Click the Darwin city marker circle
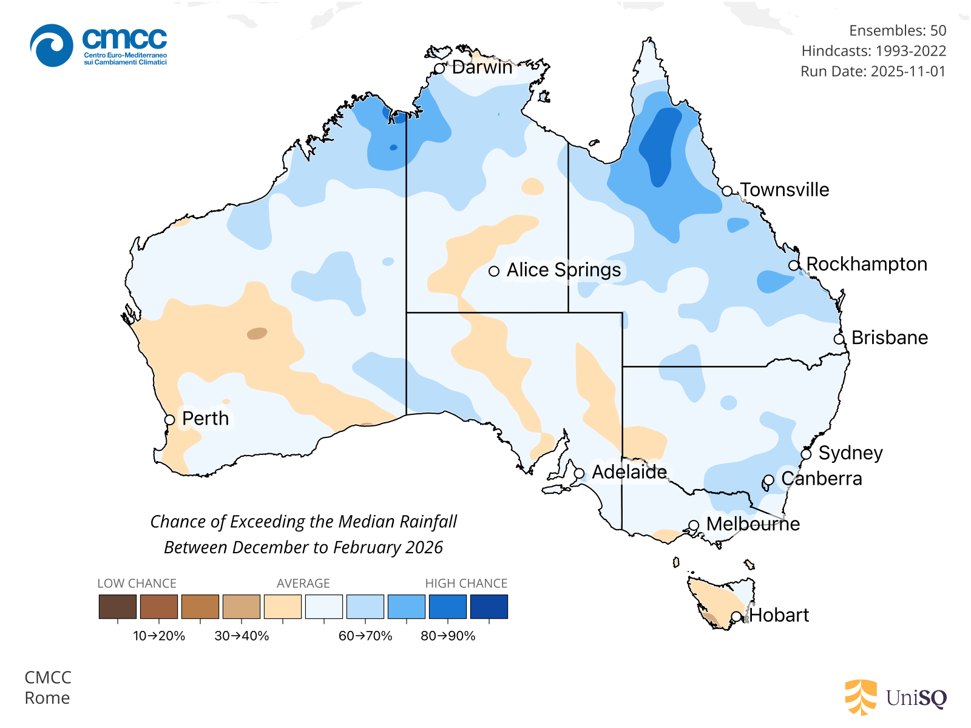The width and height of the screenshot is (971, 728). [x=440, y=69]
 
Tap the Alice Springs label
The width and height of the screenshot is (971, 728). [x=563, y=270]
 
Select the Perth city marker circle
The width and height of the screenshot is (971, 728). [x=170, y=420]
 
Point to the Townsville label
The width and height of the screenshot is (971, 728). [x=784, y=190]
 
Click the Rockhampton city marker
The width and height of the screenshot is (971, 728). [x=794, y=265]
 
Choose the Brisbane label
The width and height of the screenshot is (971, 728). [x=889, y=338]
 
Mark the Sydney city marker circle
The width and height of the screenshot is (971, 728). [x=806, y=454]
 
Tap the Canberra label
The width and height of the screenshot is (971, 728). [x=821, y=479]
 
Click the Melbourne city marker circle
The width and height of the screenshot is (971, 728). [x=694, y=525]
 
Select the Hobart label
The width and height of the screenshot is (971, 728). [x=779, y=615]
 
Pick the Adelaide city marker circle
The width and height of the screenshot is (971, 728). [x=580, y=473]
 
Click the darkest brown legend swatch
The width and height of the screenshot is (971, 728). [x=118, y=607]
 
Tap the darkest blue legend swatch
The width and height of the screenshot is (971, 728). [x=489, y=607]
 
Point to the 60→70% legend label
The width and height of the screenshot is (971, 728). [x=365, y=636]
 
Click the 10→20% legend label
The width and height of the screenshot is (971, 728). [x=159, y=636]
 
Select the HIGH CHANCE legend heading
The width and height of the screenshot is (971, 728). [x=466, y=584]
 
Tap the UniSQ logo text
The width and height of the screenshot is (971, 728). [x=916, y=698]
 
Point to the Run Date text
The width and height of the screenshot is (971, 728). [x=873, y=72]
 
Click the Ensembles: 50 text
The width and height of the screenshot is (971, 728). [x=897, y=30]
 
